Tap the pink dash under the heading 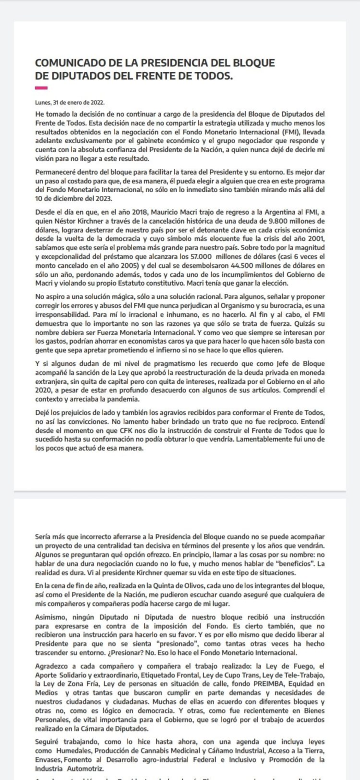[41, 88]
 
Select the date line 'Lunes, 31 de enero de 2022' [70, 102]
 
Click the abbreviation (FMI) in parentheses [288, 132]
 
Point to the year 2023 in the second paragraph [103, 199]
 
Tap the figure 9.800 [264, 221]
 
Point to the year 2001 [314, 239]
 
